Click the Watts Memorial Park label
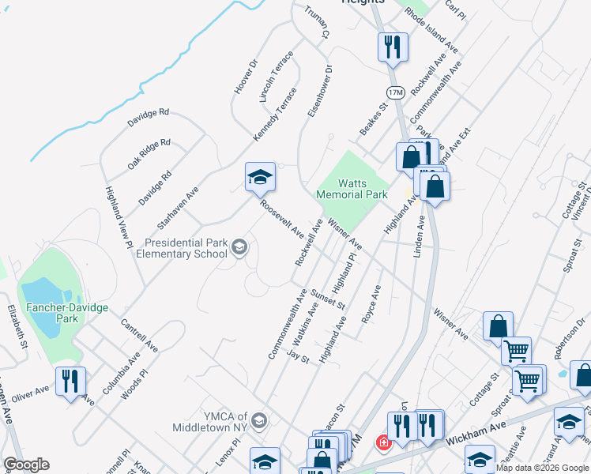(352, 188)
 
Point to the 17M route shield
(396, 92)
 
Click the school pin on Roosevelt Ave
(259, 179)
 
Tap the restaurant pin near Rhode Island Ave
(392, 48)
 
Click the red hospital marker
(384, 443)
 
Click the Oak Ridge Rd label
(149, 155)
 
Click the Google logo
(26, 465)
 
